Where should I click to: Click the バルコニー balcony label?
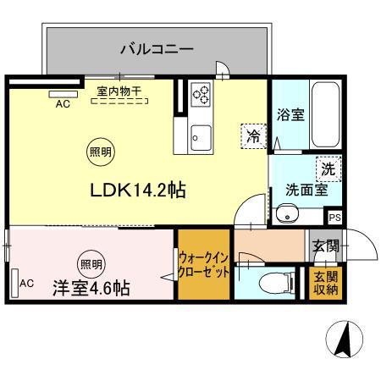[x=157, y=49]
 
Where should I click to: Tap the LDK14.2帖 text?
[x=138, y=190]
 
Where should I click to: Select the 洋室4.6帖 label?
[x=91, y=288]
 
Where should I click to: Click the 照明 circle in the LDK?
[x=101, y=152]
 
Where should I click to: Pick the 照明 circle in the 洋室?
[x=91, y=264]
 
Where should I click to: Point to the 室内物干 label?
[x=119, y=91]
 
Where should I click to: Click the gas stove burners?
[x=201, y=95]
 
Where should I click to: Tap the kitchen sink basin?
[x=201, y=138]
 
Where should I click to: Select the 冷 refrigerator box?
[x=254, y=136]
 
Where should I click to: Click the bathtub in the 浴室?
[x=325, y=114]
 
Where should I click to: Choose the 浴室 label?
[x=290, y=114]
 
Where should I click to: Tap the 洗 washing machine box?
[x=329, y=169]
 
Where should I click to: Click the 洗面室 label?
[x=306, y=190]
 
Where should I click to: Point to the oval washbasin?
[x=287, y=214]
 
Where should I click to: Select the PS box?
[x=335, y=218]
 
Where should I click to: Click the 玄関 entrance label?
[x=326, y=246]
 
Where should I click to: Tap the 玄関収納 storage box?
[x=326, y=283]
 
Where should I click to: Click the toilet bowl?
[x=273, y=283]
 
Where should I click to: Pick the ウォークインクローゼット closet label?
[x=203, y=265]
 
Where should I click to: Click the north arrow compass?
[x=345, y=339]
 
